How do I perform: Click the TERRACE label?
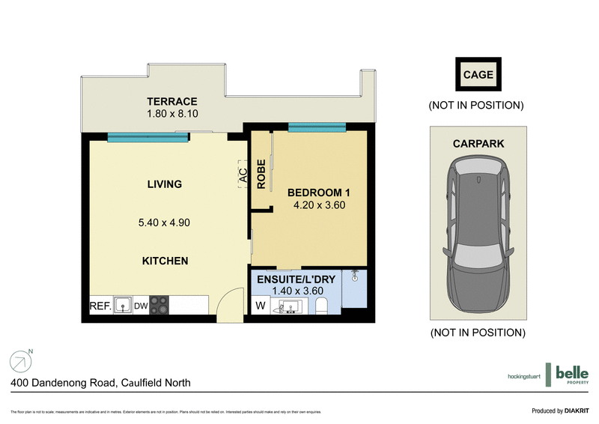[x=171, y=101]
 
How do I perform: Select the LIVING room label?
[x=164, y=184]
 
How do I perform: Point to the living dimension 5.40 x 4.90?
[x=164, y=222]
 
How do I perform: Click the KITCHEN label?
[x=165, y=261]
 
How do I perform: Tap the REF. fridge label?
[x=100, y=306]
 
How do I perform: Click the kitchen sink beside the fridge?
[x=123, y=306]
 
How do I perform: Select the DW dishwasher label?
[x=141, y=306]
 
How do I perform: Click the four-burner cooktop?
[x=159, y=305]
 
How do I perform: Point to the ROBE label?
[x=262, y=173]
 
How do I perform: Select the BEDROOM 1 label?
[x=319, y=193]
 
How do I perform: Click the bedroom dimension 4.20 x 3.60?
[x=319, y=205]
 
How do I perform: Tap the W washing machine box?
[x=260, y=306]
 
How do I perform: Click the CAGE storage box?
[x=478, y=75]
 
